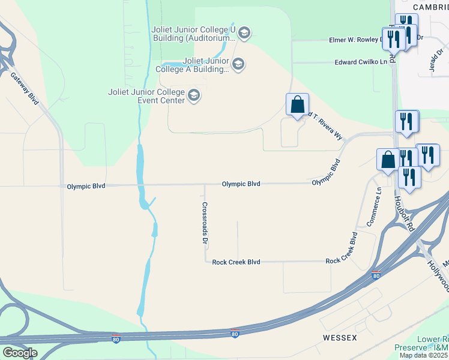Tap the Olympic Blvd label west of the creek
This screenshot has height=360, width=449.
tap(86, 186)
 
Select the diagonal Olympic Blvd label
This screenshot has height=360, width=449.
tap(326, 172)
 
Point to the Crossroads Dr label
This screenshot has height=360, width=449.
tap(205, 223)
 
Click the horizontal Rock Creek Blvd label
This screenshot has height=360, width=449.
tap(236, 262)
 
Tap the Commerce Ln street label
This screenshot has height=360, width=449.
tap(374, 208)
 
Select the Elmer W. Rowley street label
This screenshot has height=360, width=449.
tap(355, 40)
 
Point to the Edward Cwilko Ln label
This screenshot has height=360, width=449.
tap(361, 62)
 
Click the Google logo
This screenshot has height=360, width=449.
tap(19, 353)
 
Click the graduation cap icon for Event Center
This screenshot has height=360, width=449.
tap(194, 95)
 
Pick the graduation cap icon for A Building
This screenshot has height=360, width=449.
tap(238, 64)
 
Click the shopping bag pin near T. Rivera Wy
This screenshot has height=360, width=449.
tap(297, 106)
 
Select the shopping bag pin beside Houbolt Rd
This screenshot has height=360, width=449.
tap(388, 160)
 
